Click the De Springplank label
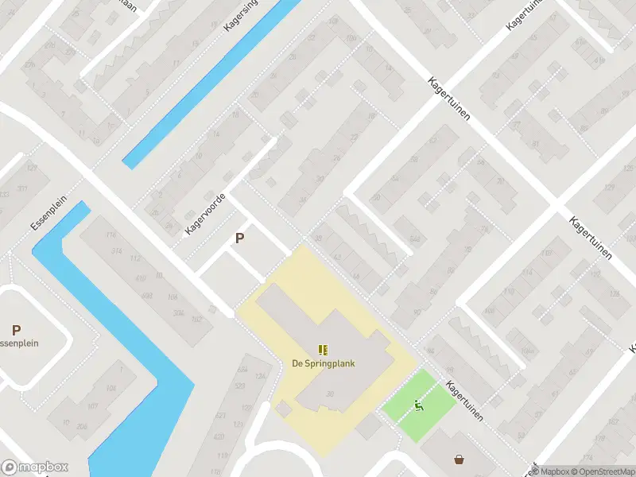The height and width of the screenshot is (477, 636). [323, 363]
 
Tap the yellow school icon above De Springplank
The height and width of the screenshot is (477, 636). [323, 350]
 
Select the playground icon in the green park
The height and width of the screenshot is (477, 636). [419, 406]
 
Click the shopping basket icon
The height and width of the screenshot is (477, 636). [460, 459]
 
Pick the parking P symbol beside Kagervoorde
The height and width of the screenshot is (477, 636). [239, 238]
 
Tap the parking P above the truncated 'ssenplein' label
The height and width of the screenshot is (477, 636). [16, 330]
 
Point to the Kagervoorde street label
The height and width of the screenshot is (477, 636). [206, 213]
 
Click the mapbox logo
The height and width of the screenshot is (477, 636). [35, 467]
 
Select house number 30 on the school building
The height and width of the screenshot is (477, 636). [328, 394]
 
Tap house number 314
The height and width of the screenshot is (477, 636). [118, 251]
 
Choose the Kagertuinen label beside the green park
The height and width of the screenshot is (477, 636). [466, 401]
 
